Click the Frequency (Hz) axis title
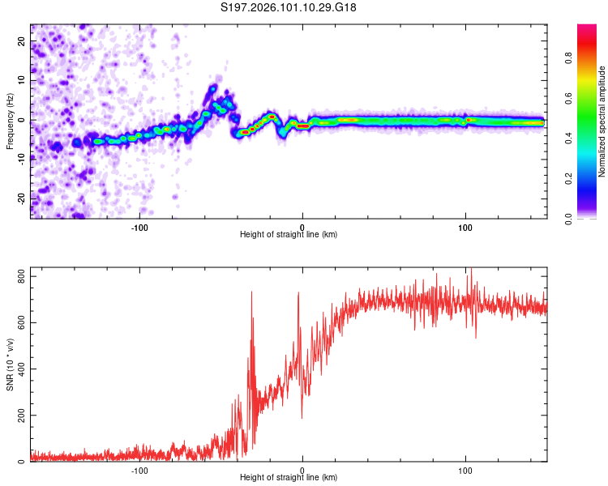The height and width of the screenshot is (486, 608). [10, 122]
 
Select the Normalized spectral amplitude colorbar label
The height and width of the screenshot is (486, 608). [602, 122]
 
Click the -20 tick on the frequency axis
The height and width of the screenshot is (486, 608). [21, 198]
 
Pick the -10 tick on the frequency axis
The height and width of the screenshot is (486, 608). [21, 159]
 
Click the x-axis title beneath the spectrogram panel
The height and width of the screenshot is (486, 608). [289, 235]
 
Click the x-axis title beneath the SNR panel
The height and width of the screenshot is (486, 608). [289, 479]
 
